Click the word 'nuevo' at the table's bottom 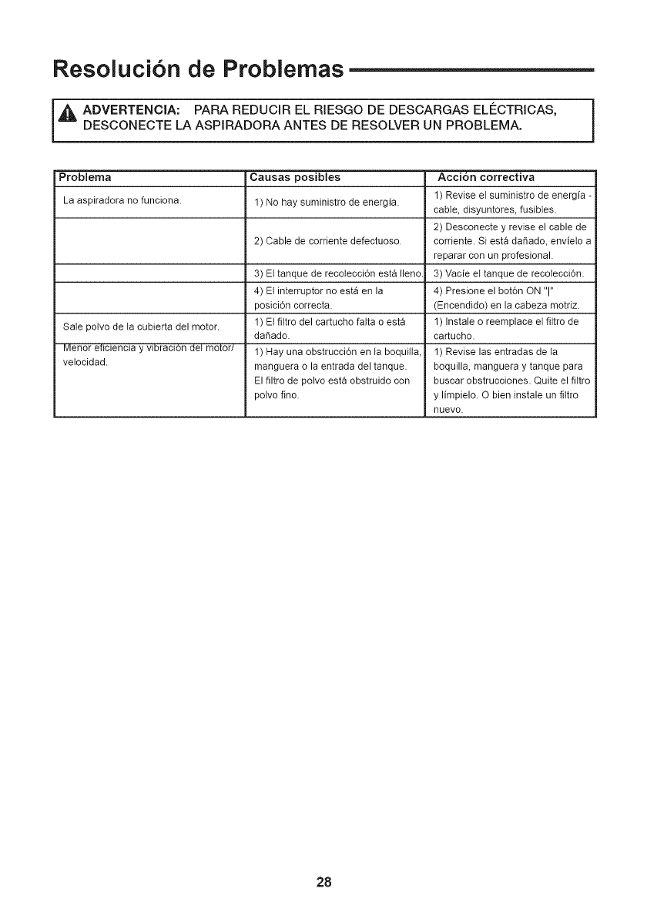tap(450, 410)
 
